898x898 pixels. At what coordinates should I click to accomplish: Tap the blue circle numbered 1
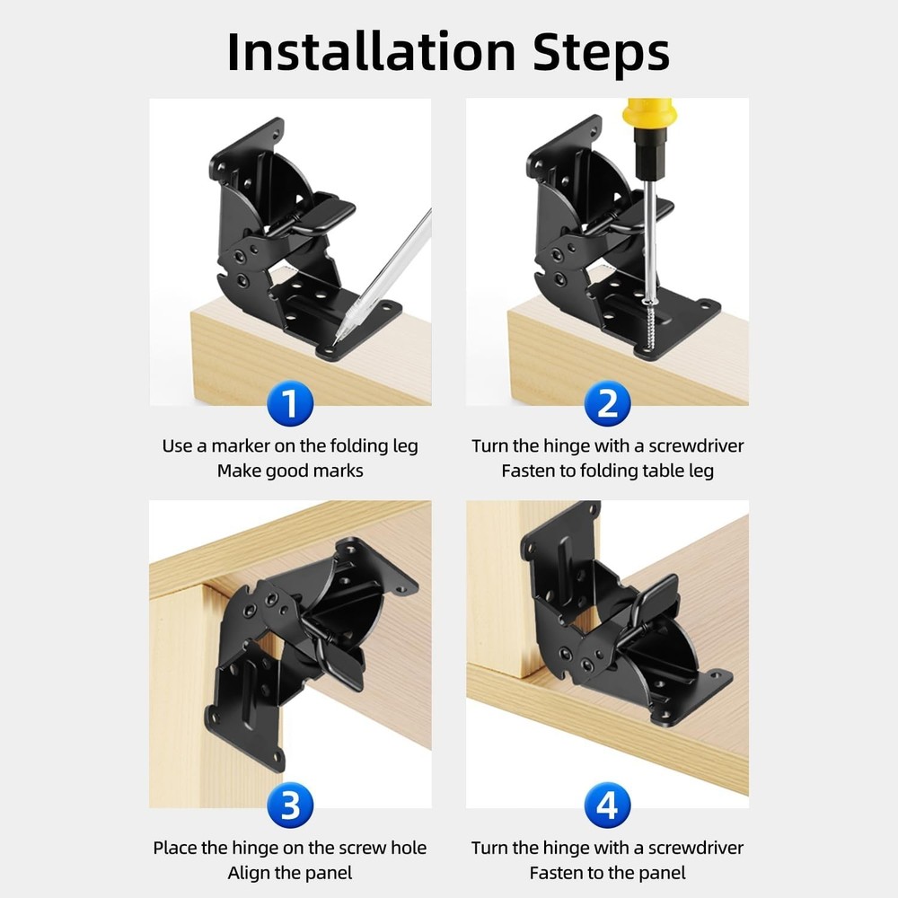290,405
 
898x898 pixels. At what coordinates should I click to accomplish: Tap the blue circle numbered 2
607,405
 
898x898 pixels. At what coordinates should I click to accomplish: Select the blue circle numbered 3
290,806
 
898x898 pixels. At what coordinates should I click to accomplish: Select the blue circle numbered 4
607,806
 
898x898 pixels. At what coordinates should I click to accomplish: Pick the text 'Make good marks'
290,471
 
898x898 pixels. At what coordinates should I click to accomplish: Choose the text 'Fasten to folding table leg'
607,471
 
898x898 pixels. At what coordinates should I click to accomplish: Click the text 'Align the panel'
290,873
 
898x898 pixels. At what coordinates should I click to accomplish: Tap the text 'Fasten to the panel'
607,873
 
